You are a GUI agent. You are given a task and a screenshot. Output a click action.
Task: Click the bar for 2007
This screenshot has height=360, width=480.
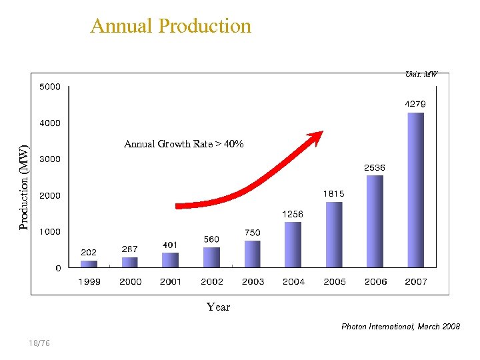click(x=415, y=190)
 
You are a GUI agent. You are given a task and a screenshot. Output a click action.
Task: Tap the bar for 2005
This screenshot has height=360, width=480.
click(x=334, y=235)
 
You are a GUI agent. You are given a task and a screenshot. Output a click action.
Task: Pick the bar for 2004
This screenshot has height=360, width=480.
click(x=293, y=245)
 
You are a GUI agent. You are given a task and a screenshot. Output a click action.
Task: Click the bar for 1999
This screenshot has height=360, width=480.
click(x=89, y=264)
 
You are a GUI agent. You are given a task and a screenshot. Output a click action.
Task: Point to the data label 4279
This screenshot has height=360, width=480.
click(x=415, y=104)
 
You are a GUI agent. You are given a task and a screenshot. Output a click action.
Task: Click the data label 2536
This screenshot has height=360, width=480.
click(x=374, y=167)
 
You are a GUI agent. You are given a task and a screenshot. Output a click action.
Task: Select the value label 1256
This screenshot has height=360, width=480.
click(x=293, y=214)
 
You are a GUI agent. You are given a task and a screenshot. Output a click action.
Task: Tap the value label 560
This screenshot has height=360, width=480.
click(x=211, y=239)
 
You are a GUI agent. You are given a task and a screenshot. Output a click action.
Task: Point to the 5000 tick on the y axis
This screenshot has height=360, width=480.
click(x=49, y=87)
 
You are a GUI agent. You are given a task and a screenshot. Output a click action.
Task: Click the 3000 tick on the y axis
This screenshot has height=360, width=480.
click(x=49, y=159)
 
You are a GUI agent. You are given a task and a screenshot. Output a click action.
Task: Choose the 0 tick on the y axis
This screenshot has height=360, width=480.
click(x=58, y=268)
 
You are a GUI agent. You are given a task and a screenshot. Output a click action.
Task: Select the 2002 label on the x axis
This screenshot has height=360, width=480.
click(x=212, y=282)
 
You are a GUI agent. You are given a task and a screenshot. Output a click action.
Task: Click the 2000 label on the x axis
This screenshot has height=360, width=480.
click(x=131, y=282)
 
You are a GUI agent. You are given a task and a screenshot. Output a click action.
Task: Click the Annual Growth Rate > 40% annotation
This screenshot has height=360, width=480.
click(x=184, y=144)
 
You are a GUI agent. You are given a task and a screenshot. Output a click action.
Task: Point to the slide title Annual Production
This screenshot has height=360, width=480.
click(x=171, y=26)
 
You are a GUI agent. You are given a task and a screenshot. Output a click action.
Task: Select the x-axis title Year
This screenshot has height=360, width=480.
click(x=218, y=307)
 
